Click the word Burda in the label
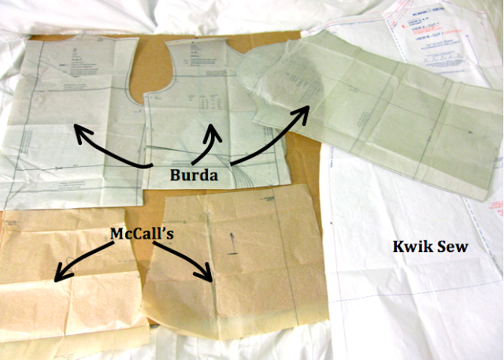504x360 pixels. click(194, 175)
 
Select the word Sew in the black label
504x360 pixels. click(454, 247)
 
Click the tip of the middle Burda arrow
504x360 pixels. click(213, 125)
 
